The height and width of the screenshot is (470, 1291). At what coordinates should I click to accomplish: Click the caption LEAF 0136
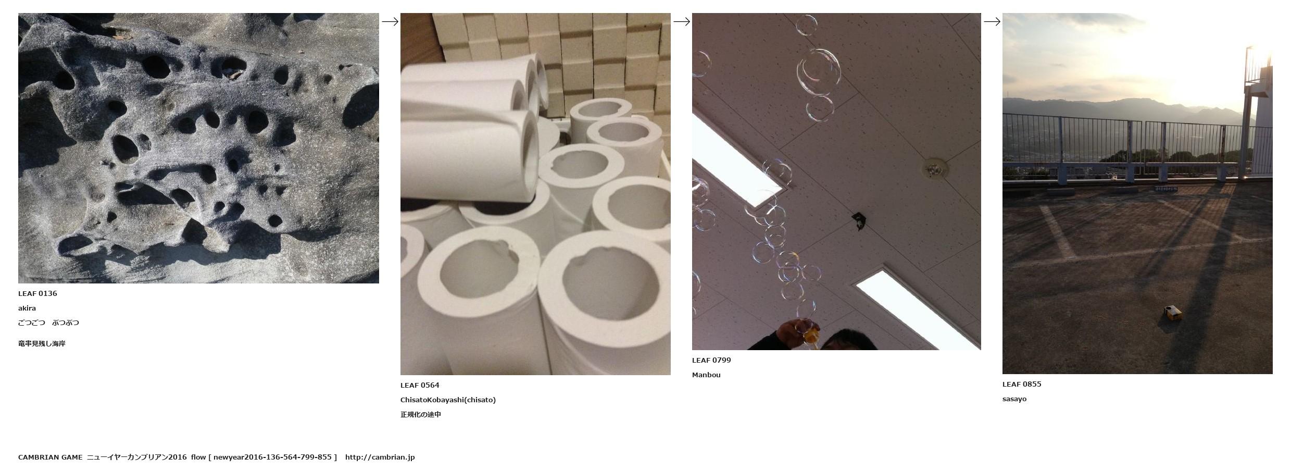tap(37, 293)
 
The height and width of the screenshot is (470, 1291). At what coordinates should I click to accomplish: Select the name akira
tap(27, 308)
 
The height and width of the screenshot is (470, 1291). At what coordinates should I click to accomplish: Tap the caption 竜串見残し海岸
tap(42, 343)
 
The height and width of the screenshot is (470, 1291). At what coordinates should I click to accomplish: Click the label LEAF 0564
tap(420, 385)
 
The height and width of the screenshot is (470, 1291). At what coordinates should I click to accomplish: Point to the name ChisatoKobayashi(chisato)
tap(448, 400)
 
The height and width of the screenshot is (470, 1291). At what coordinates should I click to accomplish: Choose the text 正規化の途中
tap(421, 414)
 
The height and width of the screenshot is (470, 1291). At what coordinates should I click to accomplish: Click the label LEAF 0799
tap(711, 360)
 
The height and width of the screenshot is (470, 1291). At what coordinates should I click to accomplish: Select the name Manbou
tap(706, 375)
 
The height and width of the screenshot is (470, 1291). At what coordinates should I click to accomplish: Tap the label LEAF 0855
tap(1022, 384)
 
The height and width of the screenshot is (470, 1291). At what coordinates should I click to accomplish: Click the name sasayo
tap(1014, 399)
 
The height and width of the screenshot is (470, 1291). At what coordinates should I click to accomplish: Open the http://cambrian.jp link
tap(380, 457)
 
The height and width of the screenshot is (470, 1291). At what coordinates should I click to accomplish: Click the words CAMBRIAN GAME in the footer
tap(50, 457)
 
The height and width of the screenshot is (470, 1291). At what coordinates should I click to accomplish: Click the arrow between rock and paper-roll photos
tap(390, 21)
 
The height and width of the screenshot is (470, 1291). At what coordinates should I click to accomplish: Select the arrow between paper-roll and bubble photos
tap(682, 21)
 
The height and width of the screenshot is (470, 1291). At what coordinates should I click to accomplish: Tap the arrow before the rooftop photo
tap(992, 21)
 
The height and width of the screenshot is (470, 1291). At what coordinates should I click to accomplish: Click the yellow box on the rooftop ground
tap(1173, 313)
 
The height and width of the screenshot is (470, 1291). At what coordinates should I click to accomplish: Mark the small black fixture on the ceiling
tap(858, 220)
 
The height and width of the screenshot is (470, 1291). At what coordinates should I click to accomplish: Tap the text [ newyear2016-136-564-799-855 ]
tap(272, 457)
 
